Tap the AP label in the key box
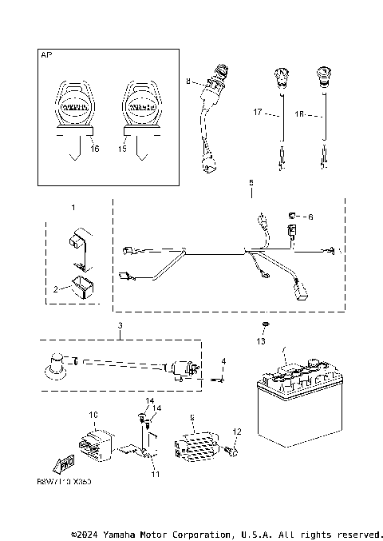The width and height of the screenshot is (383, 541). (x=45, y=56)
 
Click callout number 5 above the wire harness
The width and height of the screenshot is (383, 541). (x=251, y=183)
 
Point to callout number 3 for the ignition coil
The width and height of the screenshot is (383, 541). (x=120, y=325)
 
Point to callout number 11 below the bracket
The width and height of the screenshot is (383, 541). (x=156, y=473)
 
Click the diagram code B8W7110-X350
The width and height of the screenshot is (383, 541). (x=64, y=483)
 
